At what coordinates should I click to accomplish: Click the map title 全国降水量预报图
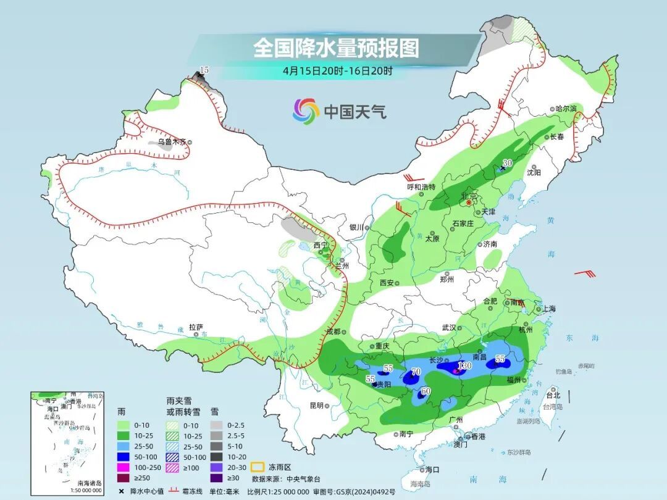[336, 48]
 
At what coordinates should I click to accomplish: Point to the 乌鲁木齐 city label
[171, 142]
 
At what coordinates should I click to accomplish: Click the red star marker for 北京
[469, 202]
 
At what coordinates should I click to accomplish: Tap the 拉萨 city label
[196, 327]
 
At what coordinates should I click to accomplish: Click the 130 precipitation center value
[464, 365]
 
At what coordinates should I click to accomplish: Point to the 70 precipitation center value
[416, 372]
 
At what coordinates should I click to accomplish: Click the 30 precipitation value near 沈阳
[508, 163]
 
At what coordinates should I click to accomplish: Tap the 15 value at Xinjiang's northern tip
[204, 70]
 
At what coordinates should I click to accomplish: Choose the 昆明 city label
[316, 405]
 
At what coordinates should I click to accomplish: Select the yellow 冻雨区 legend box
[258, 467]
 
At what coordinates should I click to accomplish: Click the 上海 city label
[549, 309]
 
